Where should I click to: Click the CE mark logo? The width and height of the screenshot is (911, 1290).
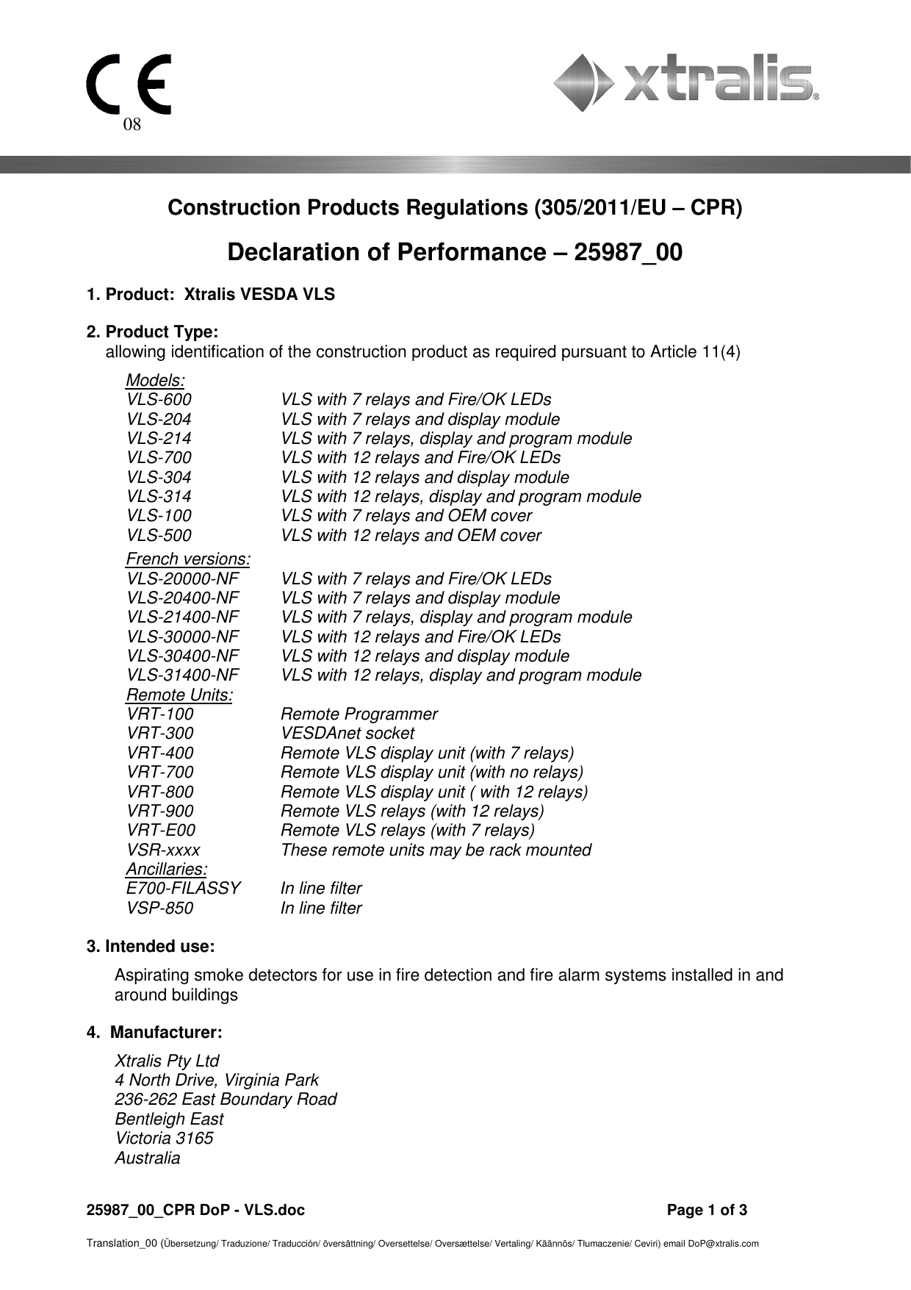coord(129,84)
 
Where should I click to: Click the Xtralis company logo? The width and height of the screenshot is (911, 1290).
coord(685,82)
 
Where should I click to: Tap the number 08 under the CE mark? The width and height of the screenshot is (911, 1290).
coord(132,124)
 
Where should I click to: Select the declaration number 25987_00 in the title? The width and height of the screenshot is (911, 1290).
coord(627,253)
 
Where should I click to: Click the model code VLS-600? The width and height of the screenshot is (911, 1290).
coord(159,400)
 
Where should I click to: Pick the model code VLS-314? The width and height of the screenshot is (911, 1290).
coord(159,497)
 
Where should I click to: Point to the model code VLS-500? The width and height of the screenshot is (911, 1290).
coord(159,536)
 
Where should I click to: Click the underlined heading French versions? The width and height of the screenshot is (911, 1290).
coord(188,559)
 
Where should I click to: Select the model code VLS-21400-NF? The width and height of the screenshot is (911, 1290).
coord(182,617)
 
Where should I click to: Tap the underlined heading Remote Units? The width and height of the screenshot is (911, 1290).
coord(179,695)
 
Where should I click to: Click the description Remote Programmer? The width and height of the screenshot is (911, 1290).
coord(359,714)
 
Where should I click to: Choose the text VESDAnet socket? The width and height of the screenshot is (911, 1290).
coord(347,734)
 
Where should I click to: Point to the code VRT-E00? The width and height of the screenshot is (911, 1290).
coord(161,831)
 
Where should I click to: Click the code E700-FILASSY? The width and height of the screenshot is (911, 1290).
coord(183,889)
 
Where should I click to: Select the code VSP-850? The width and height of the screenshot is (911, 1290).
coord(159,909)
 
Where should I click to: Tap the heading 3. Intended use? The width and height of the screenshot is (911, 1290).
coord(151,947)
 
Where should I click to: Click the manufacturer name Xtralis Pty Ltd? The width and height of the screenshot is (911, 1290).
coord(167,1061)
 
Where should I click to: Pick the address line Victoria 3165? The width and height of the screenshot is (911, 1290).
coord(164,1139)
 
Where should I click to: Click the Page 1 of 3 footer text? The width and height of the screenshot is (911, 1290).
coord(707,1211)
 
